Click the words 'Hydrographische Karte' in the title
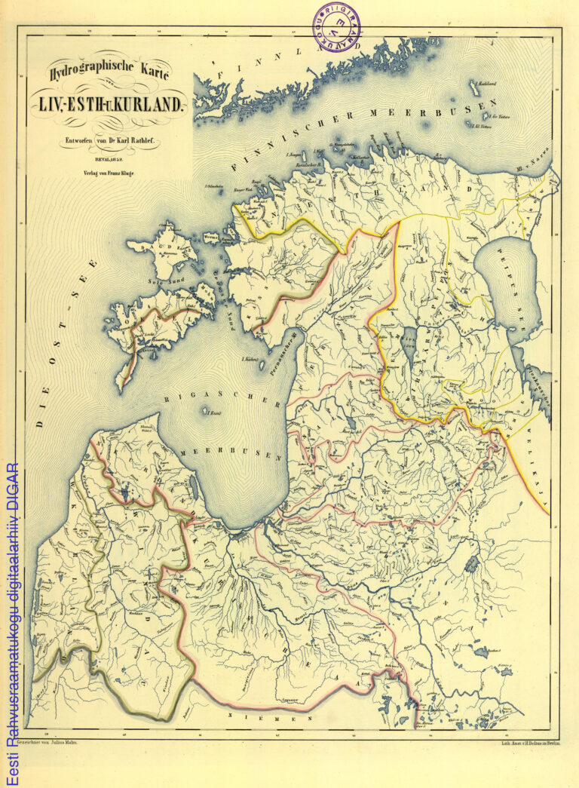coord(110,72)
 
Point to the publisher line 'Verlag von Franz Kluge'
coord(109,173)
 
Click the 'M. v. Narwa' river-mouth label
coord(535,164)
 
